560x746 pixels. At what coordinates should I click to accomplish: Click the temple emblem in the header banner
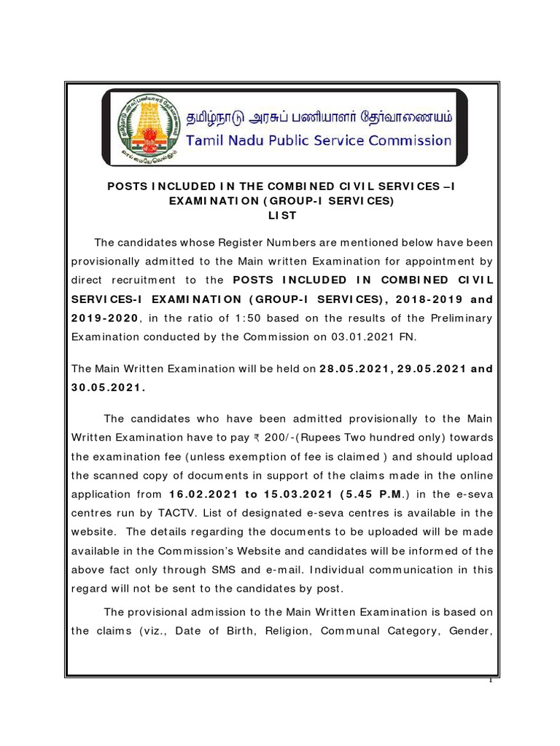coord(144,125)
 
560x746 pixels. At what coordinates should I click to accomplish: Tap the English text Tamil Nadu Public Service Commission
coord(319,140)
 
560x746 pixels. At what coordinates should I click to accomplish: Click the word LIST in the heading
coord(281,216)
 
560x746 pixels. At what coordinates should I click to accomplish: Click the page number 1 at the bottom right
coord(491,680)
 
